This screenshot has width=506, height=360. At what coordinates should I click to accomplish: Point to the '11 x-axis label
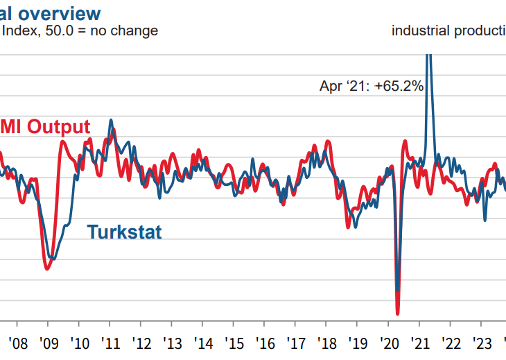[110, 343]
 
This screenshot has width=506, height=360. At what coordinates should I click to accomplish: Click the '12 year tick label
[141, 343]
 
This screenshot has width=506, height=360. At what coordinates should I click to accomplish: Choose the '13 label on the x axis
[173, 343]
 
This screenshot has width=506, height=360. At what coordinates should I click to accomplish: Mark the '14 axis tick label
[204, 343]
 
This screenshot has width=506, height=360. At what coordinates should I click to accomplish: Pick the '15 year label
[235, 343]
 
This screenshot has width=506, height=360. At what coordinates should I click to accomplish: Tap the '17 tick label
[296, 343]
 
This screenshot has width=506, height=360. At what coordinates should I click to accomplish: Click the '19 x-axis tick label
[358, 343]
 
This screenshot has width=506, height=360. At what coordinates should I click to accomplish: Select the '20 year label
[389, 343]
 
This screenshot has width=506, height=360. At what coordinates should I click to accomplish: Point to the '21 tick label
[420, 343]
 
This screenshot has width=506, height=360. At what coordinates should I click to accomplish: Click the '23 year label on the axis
[482, 343]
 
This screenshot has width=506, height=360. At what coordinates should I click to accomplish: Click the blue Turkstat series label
[124, 232]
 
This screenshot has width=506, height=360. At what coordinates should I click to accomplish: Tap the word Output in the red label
[55, 127]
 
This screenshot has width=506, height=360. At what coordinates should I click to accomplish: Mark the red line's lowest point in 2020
[398, 313]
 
